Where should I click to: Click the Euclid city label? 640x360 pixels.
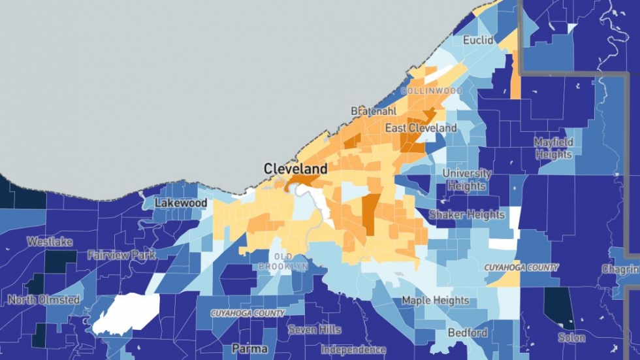(x=478, y=41)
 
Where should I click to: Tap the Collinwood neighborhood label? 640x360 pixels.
(x=430, y=90)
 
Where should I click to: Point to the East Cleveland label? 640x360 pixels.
(x=421, y=128)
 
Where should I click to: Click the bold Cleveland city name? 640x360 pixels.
(x=295, y=169)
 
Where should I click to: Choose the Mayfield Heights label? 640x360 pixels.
(x=553, y=148)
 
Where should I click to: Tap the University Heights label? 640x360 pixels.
(x=467, y=180)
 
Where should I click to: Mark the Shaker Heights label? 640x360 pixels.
(x=466, y=214)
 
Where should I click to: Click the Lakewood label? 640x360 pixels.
(x=181, y=203)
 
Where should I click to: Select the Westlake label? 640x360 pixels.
(x=50, y=242)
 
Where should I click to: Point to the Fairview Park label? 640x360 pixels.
(x=121, y=255)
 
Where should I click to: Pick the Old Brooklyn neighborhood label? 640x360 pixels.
(x=283, y=261)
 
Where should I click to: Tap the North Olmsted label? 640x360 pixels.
(x=44, y=300)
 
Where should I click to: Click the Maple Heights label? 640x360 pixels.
(x=435, y=301)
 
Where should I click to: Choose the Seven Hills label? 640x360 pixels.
(x=315, y=330)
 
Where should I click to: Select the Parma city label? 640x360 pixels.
(x=249, y=349)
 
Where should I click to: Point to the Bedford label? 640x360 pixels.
(x=468, y=333)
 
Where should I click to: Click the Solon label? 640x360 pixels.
(x=571, y=338)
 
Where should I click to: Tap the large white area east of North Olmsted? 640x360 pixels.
(x=127, y=312)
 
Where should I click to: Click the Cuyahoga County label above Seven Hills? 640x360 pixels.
(x=248, y=314)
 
